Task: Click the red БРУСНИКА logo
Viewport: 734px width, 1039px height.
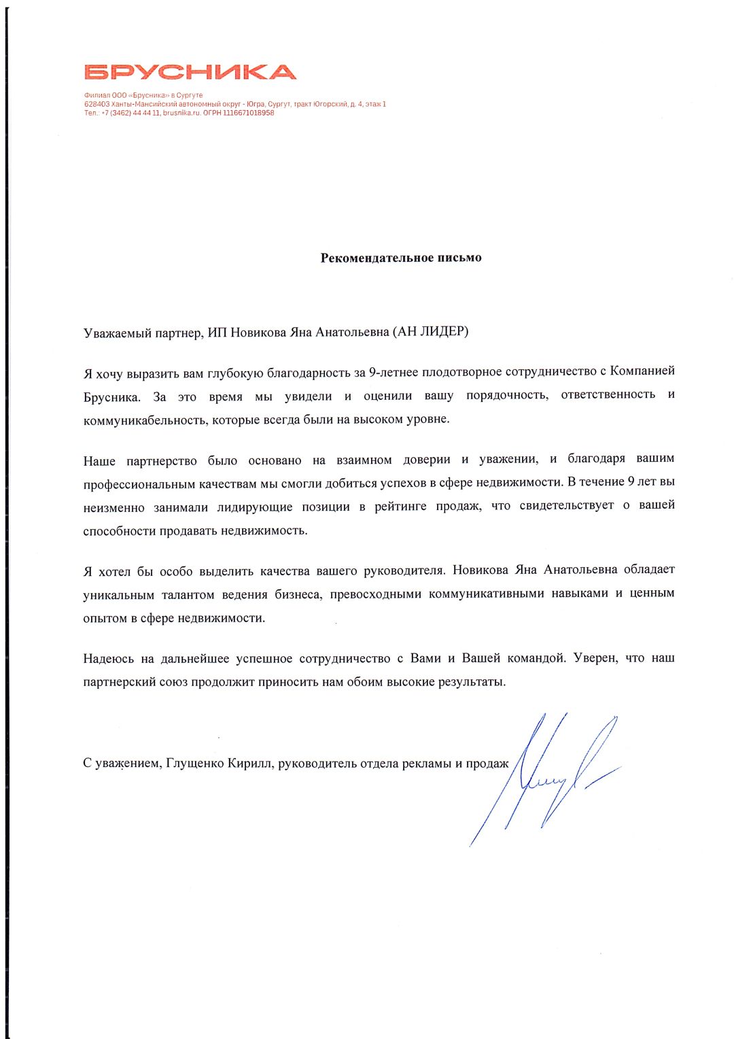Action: (x=190, y=72)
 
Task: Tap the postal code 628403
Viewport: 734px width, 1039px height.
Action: (x=97, y=104)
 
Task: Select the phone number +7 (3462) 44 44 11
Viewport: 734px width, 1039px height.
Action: (x=131, y=113)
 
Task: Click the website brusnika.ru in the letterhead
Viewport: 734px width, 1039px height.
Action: (x=181, y=113)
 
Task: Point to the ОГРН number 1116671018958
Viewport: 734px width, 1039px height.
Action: (x=248, y=113)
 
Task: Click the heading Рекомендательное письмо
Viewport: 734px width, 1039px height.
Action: (x=401, y=258)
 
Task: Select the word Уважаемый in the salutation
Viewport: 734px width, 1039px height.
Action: (x=113, y=333)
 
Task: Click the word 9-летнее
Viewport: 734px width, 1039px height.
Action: (x=394, y=372)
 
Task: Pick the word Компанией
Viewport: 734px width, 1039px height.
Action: (x=642, y=371)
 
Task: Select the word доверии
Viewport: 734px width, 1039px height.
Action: (x=426, y=460)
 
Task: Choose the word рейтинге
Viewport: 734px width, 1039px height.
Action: (x=400, y=507)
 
